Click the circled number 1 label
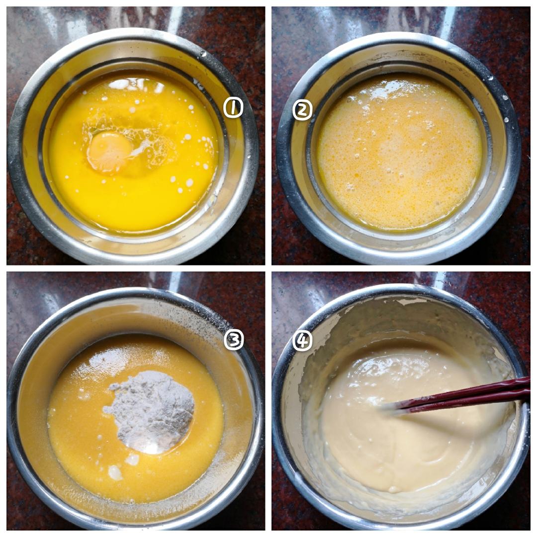233,108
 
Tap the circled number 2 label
302,110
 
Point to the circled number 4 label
302,341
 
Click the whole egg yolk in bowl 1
109,151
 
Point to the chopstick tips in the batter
394,409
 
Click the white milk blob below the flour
115,473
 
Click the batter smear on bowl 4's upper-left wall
329,315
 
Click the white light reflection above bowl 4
442,279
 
